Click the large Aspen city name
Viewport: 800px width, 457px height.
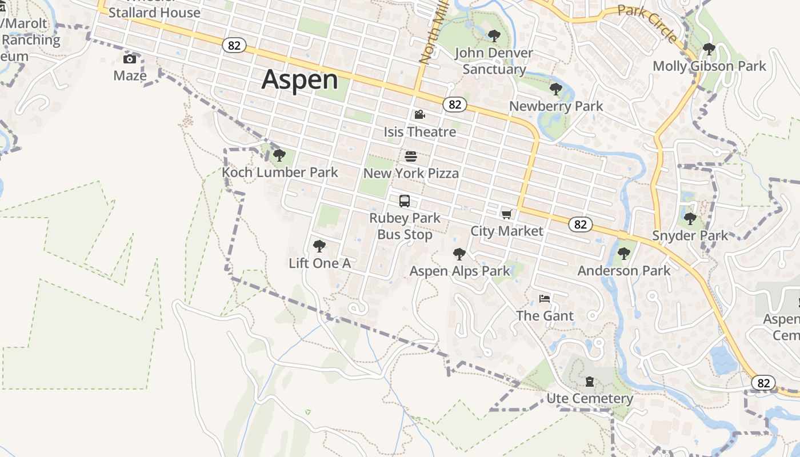[x=300, y=79]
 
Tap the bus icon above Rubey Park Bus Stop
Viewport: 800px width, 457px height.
[x=405, y=201]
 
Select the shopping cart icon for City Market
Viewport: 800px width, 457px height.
[x=506, y=214]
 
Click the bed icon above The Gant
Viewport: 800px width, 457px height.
[x=545, y=299]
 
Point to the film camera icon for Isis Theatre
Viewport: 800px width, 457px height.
[x=420, y=115]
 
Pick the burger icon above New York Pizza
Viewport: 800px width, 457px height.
[x=411, y=156]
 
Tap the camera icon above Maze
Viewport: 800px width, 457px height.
[x=130, y=59]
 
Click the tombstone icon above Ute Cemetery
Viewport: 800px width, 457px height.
[x=590, y=382]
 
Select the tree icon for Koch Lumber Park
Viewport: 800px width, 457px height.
[x=279, y=155]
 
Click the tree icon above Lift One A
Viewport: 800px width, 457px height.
[x=319, y=246]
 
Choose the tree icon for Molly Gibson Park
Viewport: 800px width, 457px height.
[x=709, y=50]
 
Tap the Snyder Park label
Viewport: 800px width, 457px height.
[x=690, y=235]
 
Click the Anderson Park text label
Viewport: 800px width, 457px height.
[x=624, y=270]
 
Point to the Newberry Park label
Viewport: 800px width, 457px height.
[x=556, y=106]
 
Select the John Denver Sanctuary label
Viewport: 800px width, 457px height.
[x=494, y=61]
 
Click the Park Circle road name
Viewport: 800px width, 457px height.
[x=648, y=22]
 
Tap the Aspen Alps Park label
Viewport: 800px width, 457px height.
[x=459, y=271]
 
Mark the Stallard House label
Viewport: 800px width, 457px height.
[x=154, y=12]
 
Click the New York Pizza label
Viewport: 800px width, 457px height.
[x=411, y=173]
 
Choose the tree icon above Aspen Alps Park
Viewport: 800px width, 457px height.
[x=459, y=254]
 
